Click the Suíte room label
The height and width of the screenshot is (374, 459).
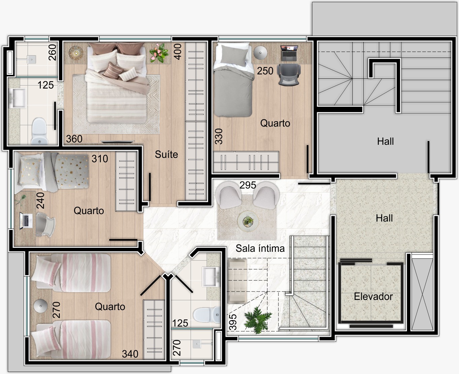[x=166, y=154]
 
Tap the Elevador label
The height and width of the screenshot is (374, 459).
[x=373, y=297]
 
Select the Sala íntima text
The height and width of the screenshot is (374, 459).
[x=260, y=248]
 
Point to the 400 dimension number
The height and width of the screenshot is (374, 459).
[x=178, y=52]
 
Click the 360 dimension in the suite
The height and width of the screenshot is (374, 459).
[x=74, y=139]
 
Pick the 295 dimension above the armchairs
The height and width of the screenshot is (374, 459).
[x=248, y=185]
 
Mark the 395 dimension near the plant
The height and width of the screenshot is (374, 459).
[x=233, y=322]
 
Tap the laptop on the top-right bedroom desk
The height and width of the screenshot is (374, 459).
[x=289, y=53]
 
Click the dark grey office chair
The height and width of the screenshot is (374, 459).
[x=289, y=75]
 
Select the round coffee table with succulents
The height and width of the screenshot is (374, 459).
[x=248, y=221]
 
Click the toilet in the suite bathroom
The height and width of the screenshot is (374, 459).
[x=39, y=131]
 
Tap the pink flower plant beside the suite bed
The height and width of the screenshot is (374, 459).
[x=159, y=53]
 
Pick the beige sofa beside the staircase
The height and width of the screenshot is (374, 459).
[x=237, y=281]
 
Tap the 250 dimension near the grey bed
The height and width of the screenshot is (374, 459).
[x=265, y=71]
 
